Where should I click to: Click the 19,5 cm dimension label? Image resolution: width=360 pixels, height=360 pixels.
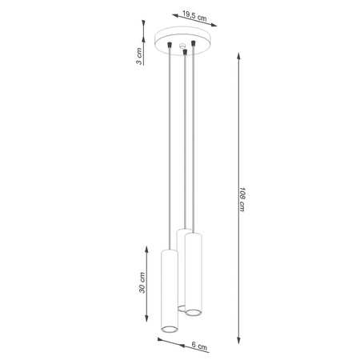(x=190, y=15)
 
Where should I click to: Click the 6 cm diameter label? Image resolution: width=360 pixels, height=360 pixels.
(x=200, y=347)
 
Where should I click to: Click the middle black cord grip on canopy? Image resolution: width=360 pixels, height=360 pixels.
(x=186, y=54)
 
